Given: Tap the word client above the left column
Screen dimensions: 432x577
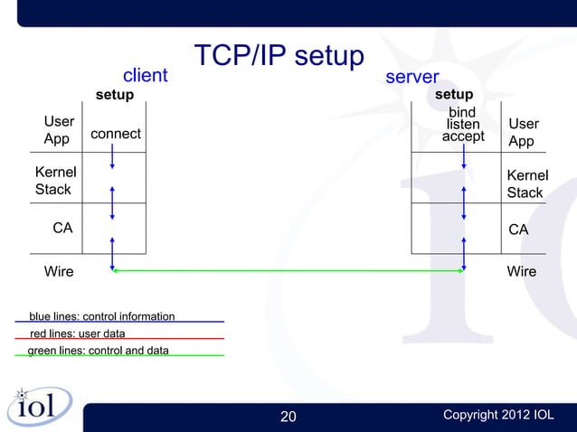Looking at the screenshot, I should pyautogui.click(x=146, y=75).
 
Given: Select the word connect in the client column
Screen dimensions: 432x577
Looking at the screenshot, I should pyautogui.click(x=115, y=134).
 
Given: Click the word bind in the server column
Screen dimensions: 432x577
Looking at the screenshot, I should pyautogui.click(x=462, y=111).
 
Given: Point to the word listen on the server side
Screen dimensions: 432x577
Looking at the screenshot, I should pyautogui.click(x=462, y=124).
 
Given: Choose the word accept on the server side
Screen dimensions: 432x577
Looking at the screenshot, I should pyautogui.click(x=463, y=136).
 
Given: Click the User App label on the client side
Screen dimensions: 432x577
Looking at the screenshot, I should pyautogui.click(x=59, y=131).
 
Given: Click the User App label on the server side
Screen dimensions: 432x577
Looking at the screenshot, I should pyautogui.click(x=524, y=132).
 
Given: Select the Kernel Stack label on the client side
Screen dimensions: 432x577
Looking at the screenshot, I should pyautogui.click(x=54, y=181).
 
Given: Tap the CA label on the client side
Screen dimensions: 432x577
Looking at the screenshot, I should pyautogui.click(x=62, y=229).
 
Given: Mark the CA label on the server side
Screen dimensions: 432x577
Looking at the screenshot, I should pyautogui.click(x=518, y=230).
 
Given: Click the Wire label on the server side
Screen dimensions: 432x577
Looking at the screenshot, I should pyautogui.click(x=521, y=271).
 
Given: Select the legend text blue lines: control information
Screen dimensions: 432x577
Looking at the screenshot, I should pyautogui.click(x=102, y=316).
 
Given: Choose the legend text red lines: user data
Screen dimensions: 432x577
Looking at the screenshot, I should pyautogui.click(x=78, y=333).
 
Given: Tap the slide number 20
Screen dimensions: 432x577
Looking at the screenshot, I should pyautogui.click(x=288, y=417).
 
